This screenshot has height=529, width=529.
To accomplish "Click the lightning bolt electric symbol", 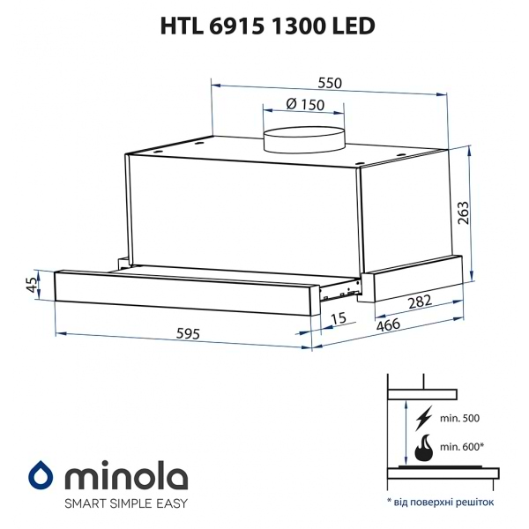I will click(423, 416).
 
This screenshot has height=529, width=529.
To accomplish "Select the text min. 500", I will click(459, 416).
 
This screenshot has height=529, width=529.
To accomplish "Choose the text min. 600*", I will click(461, 449).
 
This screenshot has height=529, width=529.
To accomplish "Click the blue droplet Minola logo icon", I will click(41, 475).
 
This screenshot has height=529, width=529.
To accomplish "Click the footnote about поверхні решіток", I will click(441, 501).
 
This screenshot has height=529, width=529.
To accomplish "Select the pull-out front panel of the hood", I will click(185, 289).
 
